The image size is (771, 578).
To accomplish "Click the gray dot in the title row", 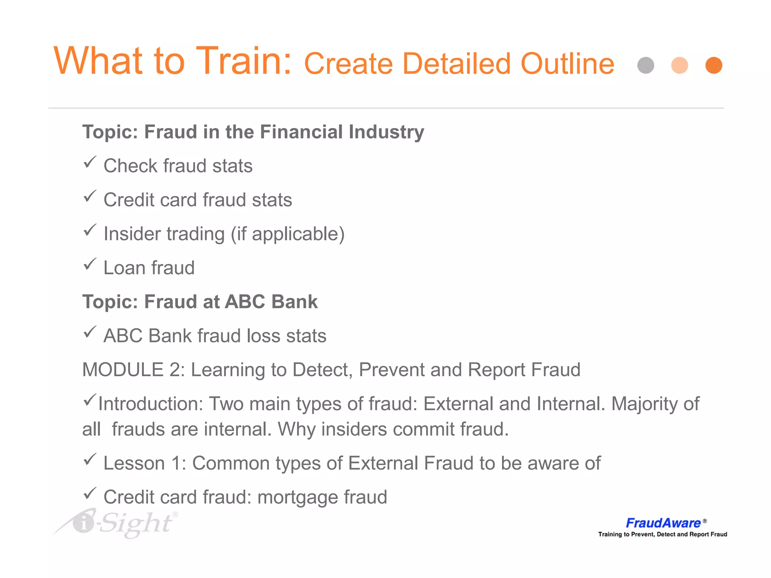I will click(646, 65).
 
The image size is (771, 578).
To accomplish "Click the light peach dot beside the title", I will click(680, 65).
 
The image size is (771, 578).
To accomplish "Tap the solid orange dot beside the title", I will click(713, 65).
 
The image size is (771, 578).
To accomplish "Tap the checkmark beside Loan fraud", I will click(90, 264).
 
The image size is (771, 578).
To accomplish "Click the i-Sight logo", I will click(117, 523).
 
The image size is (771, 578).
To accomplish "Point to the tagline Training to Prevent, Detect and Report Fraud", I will click(663, 534).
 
